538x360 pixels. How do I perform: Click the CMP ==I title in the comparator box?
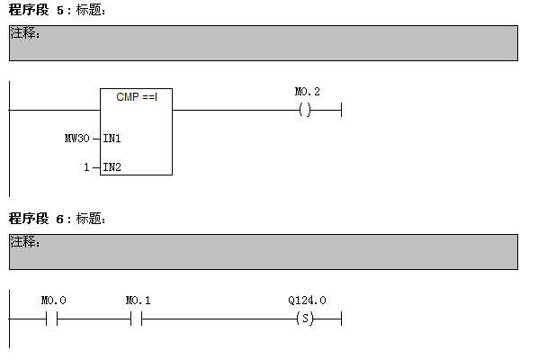(137, 97)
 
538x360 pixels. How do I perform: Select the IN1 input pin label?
(112, 139)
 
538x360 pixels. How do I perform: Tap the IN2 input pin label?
(112, 167)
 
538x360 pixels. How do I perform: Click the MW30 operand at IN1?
(77, 139)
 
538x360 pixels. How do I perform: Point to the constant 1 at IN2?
(86, 167)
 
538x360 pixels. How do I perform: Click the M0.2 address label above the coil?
(307, 92)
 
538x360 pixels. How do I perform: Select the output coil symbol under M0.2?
(305, 110)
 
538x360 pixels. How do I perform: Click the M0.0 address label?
(53, 301)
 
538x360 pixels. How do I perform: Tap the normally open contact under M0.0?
(51, 319)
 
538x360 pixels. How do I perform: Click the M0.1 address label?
(138, 301)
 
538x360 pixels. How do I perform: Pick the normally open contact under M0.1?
(136, 319)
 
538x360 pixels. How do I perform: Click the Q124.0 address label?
(307, 301)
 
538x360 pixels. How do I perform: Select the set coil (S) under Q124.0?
(305, 319)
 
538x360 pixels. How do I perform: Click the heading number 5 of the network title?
(60, 10)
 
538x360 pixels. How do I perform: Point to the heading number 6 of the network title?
(60, 219)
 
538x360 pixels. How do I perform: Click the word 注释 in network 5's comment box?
(22, 33)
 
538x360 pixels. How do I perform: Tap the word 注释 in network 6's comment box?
(22, 242)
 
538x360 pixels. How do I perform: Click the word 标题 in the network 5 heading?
(88, 10)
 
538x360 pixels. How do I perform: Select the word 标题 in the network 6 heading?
(88, 219)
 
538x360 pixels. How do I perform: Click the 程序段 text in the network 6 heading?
(29, 219)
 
